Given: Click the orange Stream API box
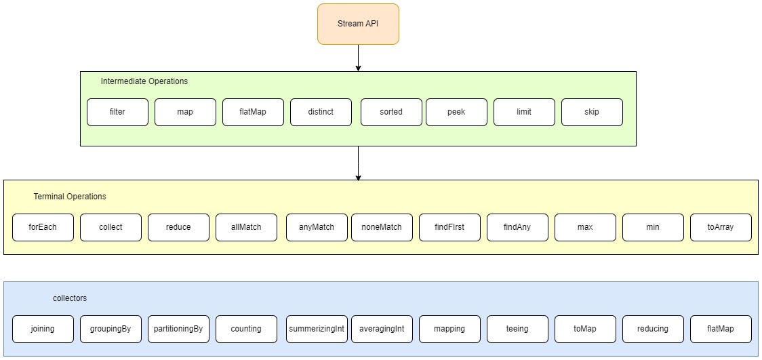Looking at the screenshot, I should click(358, 24).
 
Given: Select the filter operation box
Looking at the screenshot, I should click(117, 112).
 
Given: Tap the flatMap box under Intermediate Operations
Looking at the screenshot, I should click(253, 112).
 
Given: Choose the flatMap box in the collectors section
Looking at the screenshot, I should click(721, 329).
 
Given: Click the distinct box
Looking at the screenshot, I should click(321, 112).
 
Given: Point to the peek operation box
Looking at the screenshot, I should click(456, 112).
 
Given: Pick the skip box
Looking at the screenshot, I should click(592, 112).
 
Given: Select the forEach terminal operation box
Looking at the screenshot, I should click(43, 227).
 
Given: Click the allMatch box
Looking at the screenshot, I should click(246, 227).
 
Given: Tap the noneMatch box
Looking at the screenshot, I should click(382, 227).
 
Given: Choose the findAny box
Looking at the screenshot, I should click(517, 227).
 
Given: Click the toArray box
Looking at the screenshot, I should click(721, 227).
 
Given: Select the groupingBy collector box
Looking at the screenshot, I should click(111, 329).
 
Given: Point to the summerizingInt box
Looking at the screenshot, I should click(317, 329).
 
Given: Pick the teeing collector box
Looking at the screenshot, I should click(517, 329).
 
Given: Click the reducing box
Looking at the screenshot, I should click(653, 329).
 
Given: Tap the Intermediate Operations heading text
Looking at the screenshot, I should click(144, 81).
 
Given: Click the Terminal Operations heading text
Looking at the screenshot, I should click(70, 197).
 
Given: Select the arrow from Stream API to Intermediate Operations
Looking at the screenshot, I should click(358, 58).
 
